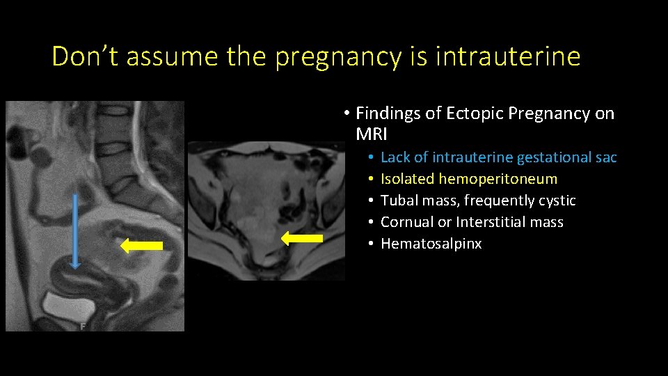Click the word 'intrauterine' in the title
pos(507,56)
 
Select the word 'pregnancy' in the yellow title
pos(337,56)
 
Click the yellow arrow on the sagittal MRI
pos(142,245)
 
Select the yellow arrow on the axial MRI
pos(302,239)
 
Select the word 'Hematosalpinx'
pos(431,244)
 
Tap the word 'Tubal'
pos(399,201)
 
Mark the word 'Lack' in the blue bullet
pos(395,157)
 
